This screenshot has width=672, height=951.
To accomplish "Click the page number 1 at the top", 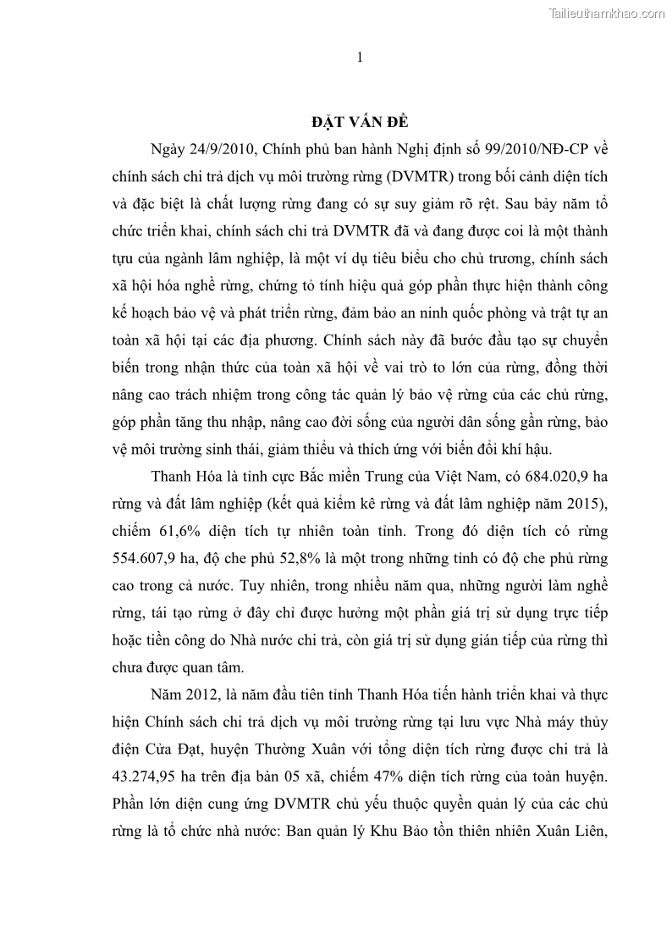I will tap(360, 58).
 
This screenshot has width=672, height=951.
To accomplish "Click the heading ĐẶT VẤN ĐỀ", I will tap(360, 119).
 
